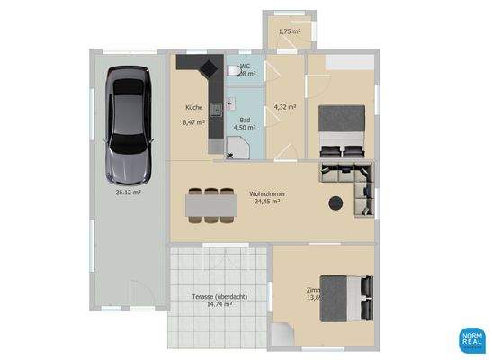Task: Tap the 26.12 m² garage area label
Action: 127,192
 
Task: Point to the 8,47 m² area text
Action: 194,123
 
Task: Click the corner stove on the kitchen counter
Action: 212,65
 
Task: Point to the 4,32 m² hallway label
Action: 285,106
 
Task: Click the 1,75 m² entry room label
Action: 289,31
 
